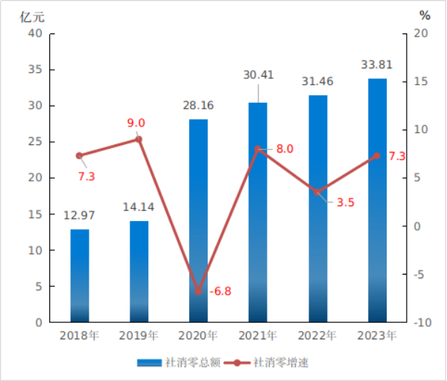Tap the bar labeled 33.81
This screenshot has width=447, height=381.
[377, 200]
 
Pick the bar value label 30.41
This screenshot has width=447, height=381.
[258, 74]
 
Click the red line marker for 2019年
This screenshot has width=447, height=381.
[139, 139]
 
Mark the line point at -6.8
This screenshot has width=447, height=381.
[198, 291]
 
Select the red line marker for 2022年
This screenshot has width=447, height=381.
[317, 192]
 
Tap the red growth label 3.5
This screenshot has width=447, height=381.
[345, 202]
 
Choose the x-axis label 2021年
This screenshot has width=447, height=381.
[258, 336]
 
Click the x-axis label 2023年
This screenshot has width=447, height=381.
[377, 336]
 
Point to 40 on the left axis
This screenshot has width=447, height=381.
[34, 33]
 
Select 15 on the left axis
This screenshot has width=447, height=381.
[34, 214]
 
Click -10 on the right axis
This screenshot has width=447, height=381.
[422, 323]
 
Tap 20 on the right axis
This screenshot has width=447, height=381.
[422, 33]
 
